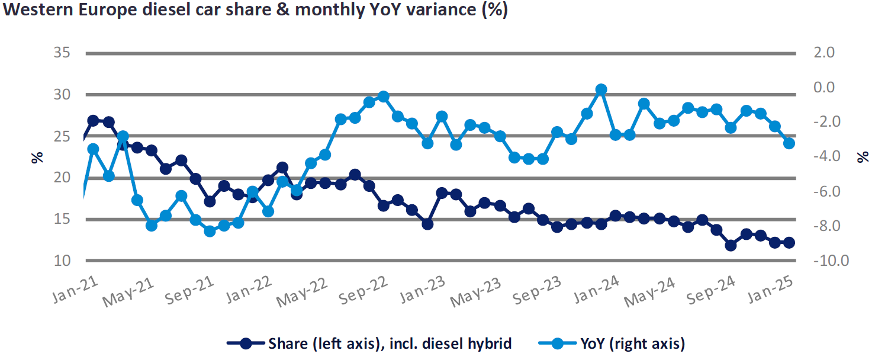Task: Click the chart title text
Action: (x=255, y=11)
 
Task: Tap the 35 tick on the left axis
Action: (x=63, y=53)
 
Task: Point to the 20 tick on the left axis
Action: (x=63, y=178)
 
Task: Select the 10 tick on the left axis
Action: (x=63, y=261)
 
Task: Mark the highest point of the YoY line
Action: (x=601, y=89)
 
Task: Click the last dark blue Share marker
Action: (x=789, y=242)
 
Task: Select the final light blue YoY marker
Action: (x=789, y=143)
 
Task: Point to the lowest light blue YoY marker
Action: (x=210, y=232)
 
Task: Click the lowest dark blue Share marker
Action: (x=731, y=245)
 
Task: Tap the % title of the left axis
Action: (x=37, y=157)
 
